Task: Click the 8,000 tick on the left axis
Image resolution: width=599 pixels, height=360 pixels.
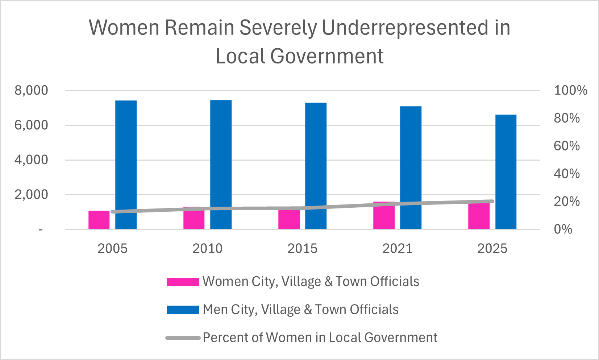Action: pyautogui.click(x=31, y=90)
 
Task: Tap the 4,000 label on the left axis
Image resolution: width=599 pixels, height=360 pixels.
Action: pyautogui.click(x=31, y=160)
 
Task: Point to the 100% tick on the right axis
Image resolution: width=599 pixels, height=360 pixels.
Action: pyautogui.click(x=570, y=90)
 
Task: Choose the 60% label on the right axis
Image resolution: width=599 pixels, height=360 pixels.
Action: pyautogui.click(x=566, y=146)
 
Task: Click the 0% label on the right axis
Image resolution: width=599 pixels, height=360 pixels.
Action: pyautogui.click(x=563, y=229)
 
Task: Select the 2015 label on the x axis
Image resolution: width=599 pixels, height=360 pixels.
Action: pyautogui.click(x=302, y=249)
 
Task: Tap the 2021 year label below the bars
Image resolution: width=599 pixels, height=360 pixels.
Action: pyautogui.click(x=397, y=249)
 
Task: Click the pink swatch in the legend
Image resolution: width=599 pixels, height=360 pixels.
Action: pyautogui.click(x=183, y=282)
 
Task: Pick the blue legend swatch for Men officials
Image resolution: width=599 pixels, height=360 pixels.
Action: pyautogui.click(x=183, y=310)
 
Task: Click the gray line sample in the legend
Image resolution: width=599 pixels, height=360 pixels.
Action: pyautogui.click(x=183, y=338)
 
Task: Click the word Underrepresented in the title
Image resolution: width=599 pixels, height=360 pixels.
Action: pyautogui.click(x=405, y=28)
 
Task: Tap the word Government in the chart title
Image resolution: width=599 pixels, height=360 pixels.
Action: pyautogui.click(x=326, y=56)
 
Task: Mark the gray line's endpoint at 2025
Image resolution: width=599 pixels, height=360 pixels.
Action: pyautogui.click(x=492, y=201)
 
